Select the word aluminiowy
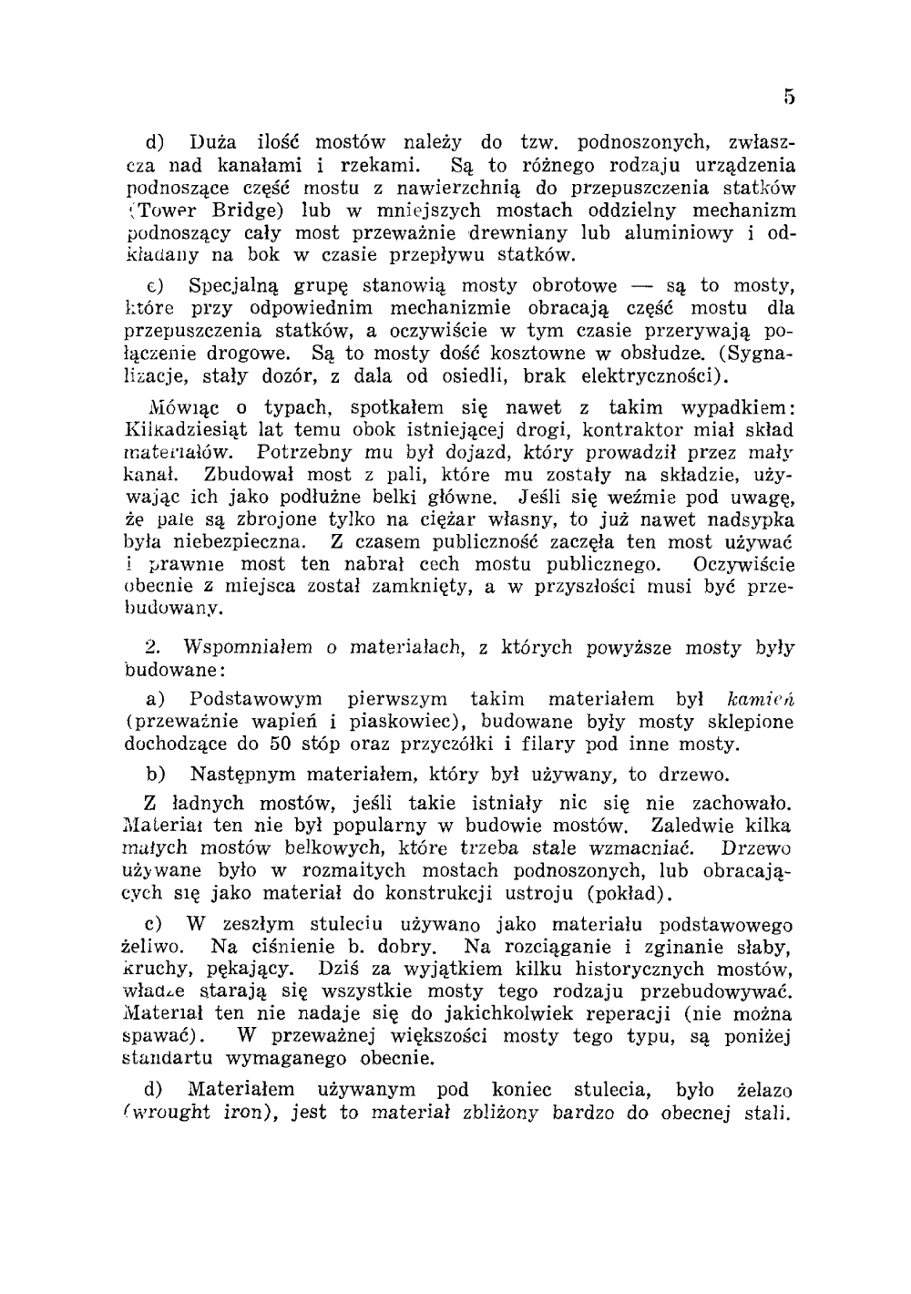click(x=678, y=232)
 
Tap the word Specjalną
click(x=232, y=286)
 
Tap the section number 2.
click(x=153, y=648)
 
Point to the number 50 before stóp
click(x=279, y=744)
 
